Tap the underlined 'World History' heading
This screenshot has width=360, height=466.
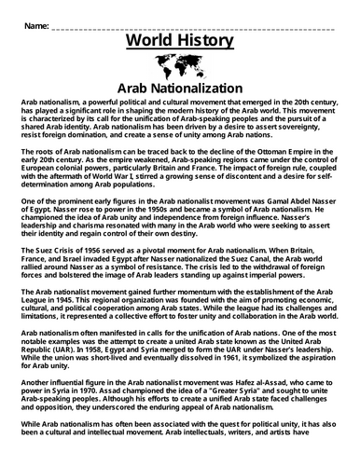click(x=180, y=42)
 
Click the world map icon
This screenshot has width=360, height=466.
click(x=180, y=66)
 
